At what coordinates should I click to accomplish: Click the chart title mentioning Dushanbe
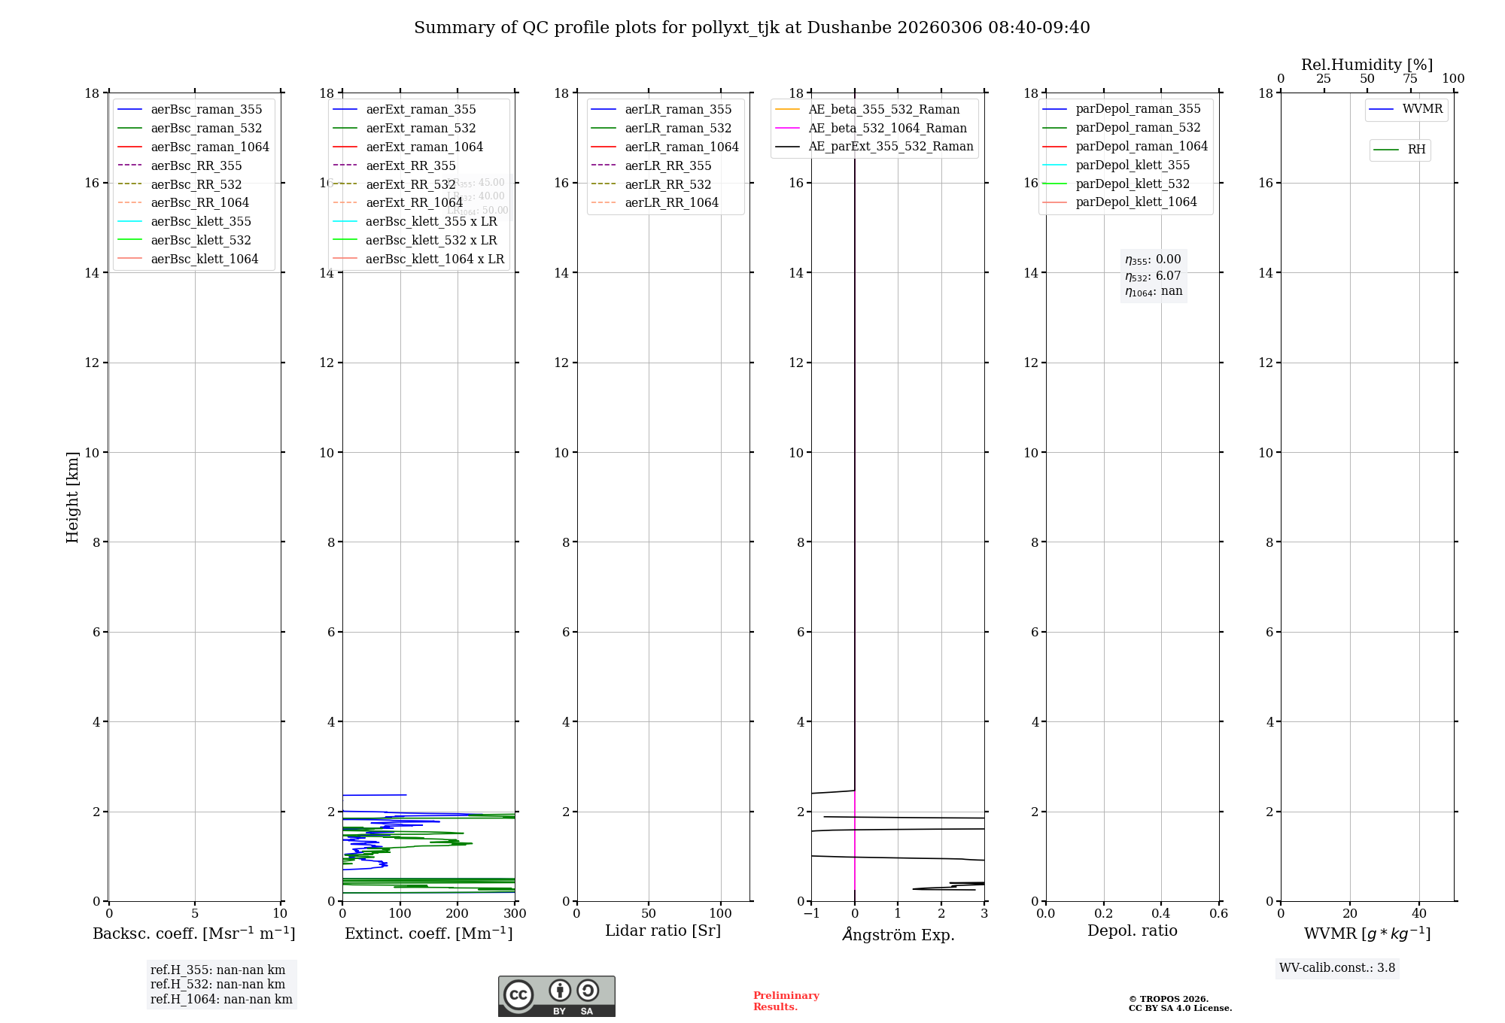(x=752, y=28)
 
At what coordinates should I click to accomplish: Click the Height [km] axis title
(x=72, y=497)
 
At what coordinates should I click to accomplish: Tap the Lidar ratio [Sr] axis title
(x=663, y=930)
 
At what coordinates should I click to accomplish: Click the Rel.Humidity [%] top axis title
(x=1367, y=65)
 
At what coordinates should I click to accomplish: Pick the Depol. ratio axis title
(x=1132, y=930)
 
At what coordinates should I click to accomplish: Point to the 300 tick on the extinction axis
(x=515, y=914)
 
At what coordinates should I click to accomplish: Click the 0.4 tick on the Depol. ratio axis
(x=1161, y=914)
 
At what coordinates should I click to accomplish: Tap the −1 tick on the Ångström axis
(x=811, y=914)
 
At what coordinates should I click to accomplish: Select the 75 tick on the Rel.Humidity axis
(x=1410, y=79)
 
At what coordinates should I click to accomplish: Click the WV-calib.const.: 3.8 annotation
(x=1336, y=968)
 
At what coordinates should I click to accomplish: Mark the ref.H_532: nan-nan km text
(x=217, y=985)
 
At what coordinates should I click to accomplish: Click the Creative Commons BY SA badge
(x=556, y=996)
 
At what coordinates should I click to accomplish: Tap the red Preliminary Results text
(x=786, y=1001)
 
